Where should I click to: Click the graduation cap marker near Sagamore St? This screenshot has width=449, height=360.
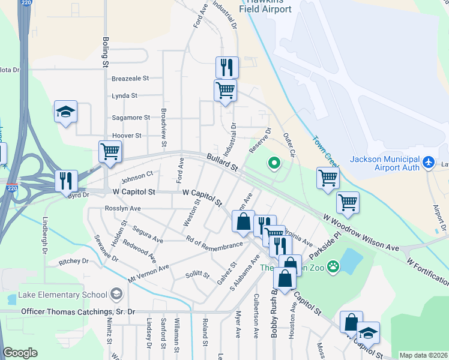tap(65, 112)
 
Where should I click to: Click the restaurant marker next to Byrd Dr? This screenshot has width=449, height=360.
tap(65, 181)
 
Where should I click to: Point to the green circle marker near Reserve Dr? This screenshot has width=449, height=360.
tap(274, 162)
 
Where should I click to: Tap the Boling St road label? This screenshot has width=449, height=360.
tap(106, 53)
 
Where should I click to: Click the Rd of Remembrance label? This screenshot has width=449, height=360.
tap(214, 243)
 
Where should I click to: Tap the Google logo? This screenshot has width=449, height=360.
tap(20, 353)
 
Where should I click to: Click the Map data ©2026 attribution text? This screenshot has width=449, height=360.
tap(423, 355)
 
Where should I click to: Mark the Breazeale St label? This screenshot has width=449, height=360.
tap(130, 79)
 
